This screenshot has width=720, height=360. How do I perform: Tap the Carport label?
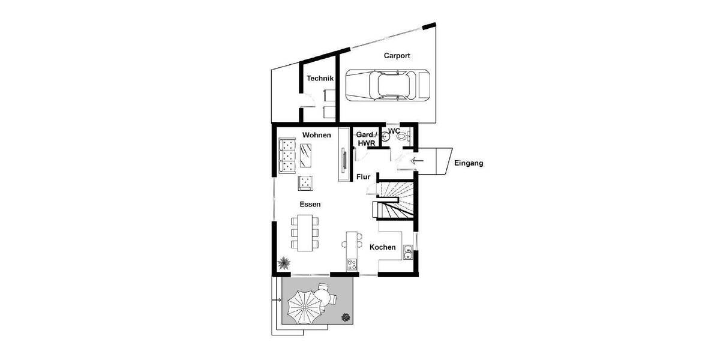tap(397, 55)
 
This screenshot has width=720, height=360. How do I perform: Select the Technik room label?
tap(320, 78)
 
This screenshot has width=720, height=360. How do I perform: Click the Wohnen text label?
tap(316, 135)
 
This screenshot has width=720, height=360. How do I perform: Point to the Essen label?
tap(310, 204)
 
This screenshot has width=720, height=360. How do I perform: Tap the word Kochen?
tap(382, 247)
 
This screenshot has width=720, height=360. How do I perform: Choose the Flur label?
tap(363, 177)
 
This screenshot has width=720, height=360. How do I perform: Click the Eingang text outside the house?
tap(469, 163)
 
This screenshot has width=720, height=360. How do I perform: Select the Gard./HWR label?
tap(367, 139)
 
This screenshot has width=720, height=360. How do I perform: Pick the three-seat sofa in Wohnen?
tap(287, 155)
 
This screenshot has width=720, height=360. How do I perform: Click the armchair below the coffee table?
tap(306, 181)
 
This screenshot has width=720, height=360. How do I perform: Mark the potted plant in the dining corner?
tap(284, 262)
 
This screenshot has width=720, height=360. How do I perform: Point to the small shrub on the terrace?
tap(345, 316)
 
